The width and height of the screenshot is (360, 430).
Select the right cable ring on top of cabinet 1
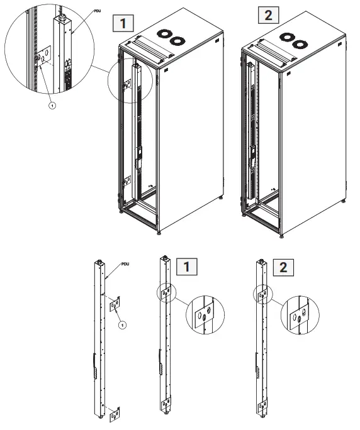pyautogui.click(x=177, y=41)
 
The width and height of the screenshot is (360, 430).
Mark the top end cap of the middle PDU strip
pyautogui.click(x=164, y=258)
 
